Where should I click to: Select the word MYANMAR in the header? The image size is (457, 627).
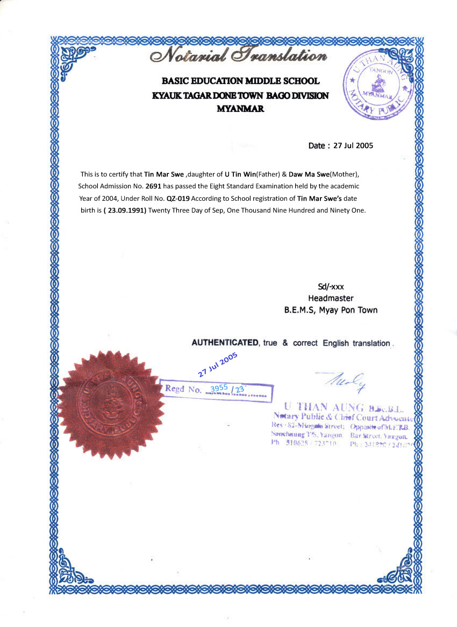[240, 108]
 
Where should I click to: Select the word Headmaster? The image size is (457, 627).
[331, 298]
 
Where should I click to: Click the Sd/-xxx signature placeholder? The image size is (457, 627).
[331, 287]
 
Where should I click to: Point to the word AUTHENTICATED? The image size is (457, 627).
[225, 343]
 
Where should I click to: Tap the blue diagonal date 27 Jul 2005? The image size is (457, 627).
[217, 365]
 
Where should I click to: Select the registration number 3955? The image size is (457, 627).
[219, 388]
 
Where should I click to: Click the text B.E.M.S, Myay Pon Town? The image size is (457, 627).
[331, 310]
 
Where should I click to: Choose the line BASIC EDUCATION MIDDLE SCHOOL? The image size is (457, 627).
[240, 81]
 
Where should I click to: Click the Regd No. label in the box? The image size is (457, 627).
[183, 389]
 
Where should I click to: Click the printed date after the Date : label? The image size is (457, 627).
[353, 145]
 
